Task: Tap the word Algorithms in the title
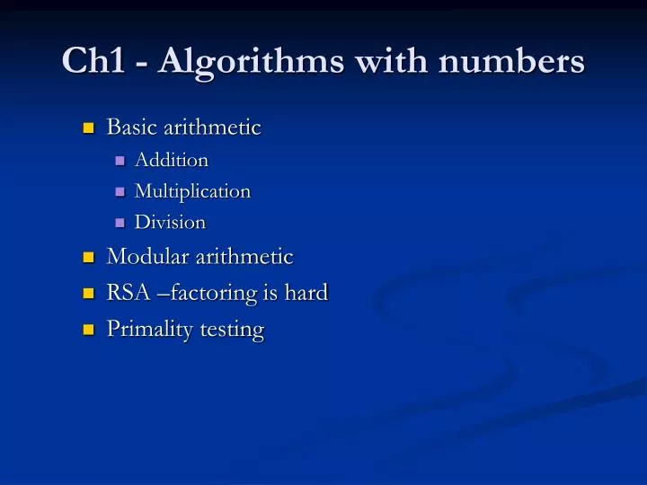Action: tap(242, 61)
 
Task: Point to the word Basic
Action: tap(131, 128)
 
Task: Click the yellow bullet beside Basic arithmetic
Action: tap(88, 128)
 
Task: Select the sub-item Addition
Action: tap(171, 161)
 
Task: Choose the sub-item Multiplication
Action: tap(192, 191)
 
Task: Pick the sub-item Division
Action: tap(170, 222)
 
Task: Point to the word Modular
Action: tap(146, 257)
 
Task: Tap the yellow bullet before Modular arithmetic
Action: tap(88, 259)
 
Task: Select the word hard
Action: tap(306, 293)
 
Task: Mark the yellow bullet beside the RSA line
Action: tap(88, 295)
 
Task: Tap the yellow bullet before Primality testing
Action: tap(88, 331)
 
